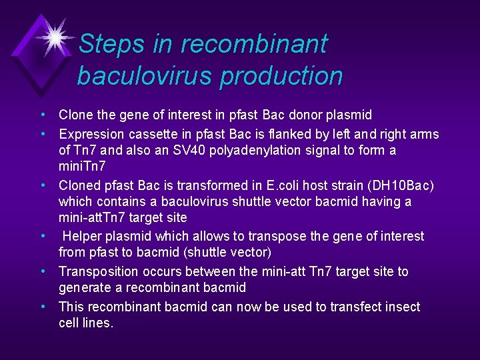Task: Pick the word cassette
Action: [x=155, y=134]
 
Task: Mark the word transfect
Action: [x=361, y=307]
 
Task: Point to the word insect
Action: [x=403, y=307]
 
